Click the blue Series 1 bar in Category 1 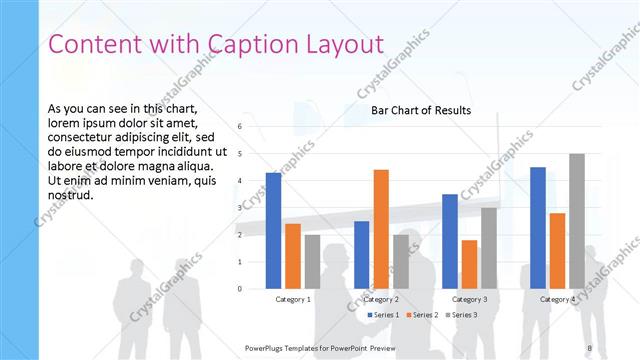click(x=273, y=231)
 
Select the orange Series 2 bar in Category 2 click(x=381, y=229)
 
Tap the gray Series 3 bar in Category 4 click(x=577, y=221)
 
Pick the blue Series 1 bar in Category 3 click(x=450, y=241)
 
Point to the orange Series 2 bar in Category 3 click(x=469, y=264)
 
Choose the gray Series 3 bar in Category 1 click(x=312, y=262)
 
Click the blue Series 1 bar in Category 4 click(x=538, y=228)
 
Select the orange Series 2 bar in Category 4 click(x=557, y=251)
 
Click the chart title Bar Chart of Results click(x=421, y=110)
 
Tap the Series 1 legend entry click(x=384, y=315)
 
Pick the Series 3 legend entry click(x=461, y=315)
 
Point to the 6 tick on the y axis click(x=240, y=127)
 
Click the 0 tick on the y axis click(x=240, y=289)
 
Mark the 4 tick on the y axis click(x=240, y=181)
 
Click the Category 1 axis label click(x=293, y=299)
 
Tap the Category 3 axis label click(x=469, y=299)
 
